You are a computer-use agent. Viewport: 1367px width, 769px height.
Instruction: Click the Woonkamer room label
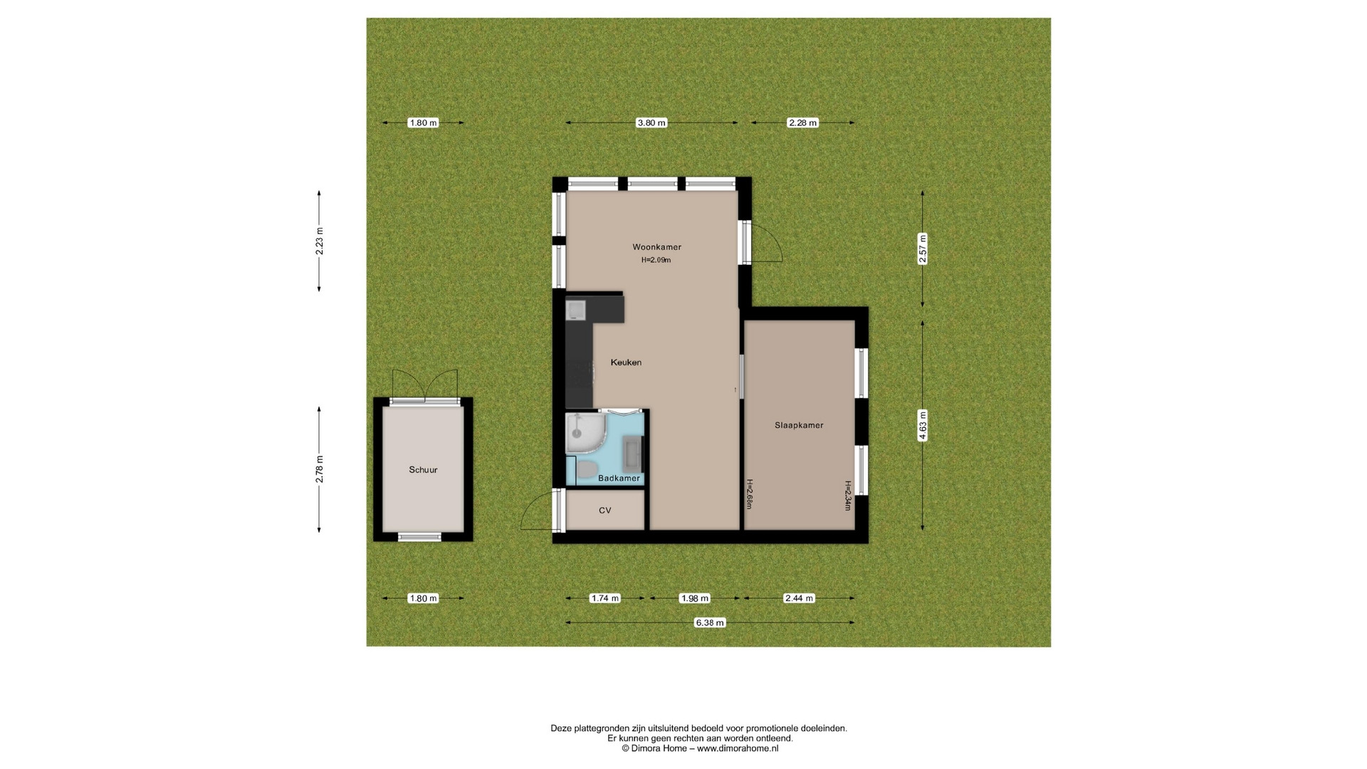656,247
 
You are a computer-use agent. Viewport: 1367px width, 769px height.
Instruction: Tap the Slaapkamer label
799,425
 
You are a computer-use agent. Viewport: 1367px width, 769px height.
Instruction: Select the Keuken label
626,362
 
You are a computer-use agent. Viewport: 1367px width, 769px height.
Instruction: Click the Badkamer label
619,478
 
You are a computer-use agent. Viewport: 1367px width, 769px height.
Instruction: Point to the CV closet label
605,511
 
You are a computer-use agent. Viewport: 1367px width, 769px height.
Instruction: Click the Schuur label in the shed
423,470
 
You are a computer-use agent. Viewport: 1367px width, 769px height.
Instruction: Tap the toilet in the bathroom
586,469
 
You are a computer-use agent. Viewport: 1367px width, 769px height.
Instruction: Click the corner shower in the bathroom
585,434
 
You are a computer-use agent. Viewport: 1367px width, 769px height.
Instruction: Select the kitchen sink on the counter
575,310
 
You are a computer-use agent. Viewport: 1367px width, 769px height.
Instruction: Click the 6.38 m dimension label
710,622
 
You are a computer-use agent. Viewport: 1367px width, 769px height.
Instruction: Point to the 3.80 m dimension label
651,122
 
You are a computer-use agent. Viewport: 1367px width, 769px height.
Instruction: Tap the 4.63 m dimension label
923,426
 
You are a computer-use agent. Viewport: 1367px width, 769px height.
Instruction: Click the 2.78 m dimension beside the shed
320,469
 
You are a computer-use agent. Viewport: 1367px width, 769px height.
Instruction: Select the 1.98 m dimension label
694,598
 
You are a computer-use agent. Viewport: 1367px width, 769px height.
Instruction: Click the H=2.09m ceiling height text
656,260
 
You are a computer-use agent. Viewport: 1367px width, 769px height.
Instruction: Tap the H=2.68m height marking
749,493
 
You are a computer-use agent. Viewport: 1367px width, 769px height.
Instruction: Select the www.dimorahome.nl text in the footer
738,748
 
